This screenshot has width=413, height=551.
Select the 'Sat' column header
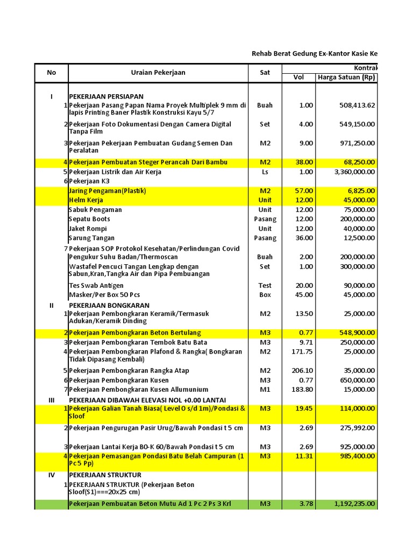point(265,73)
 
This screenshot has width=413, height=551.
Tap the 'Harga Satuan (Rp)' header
point(346,77)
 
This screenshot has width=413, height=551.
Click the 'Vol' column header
point(298,77)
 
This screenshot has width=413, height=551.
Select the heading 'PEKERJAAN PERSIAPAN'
point(106,96)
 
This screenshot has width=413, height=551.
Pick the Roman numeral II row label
point(52,305)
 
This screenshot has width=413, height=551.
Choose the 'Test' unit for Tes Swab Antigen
point(265,286)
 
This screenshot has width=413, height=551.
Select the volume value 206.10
point(304,371)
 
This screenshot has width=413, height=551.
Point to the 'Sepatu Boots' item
point(90,219)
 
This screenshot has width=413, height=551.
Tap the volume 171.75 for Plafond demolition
point(304,352)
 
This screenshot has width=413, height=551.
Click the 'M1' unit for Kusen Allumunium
point(265,390)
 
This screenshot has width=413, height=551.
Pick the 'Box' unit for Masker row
point(265,295)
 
